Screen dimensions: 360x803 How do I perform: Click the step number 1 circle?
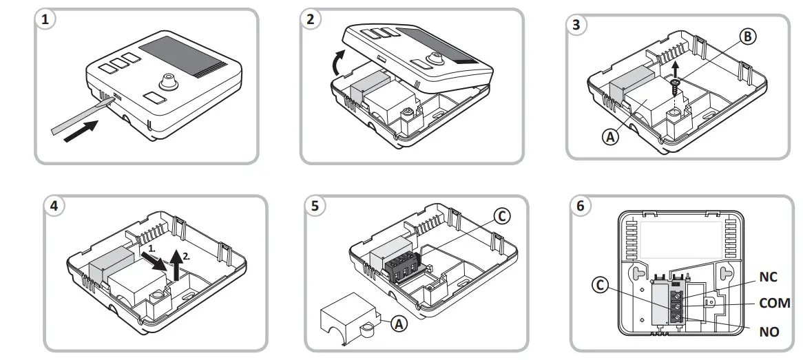(x=46, y=20)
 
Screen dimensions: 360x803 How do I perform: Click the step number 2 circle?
(x=311, y=20)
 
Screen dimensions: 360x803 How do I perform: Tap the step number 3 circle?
(x=576, y=25)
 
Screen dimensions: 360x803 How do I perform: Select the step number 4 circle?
(x=53, y=206)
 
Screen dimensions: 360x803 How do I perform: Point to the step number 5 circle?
(x=315, y=206)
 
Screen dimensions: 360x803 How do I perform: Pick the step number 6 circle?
(x=581, y=206)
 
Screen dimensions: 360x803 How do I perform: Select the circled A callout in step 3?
(x=609, y=136)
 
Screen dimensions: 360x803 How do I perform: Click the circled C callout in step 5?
(x=503, y=216)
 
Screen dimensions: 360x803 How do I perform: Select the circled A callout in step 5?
(x=397, y=321)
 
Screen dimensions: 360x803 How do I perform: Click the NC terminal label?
(x=769, y=276)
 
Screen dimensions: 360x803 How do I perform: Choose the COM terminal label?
(x=774, y=303)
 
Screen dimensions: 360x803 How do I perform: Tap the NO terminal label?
(x=769, y=332)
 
